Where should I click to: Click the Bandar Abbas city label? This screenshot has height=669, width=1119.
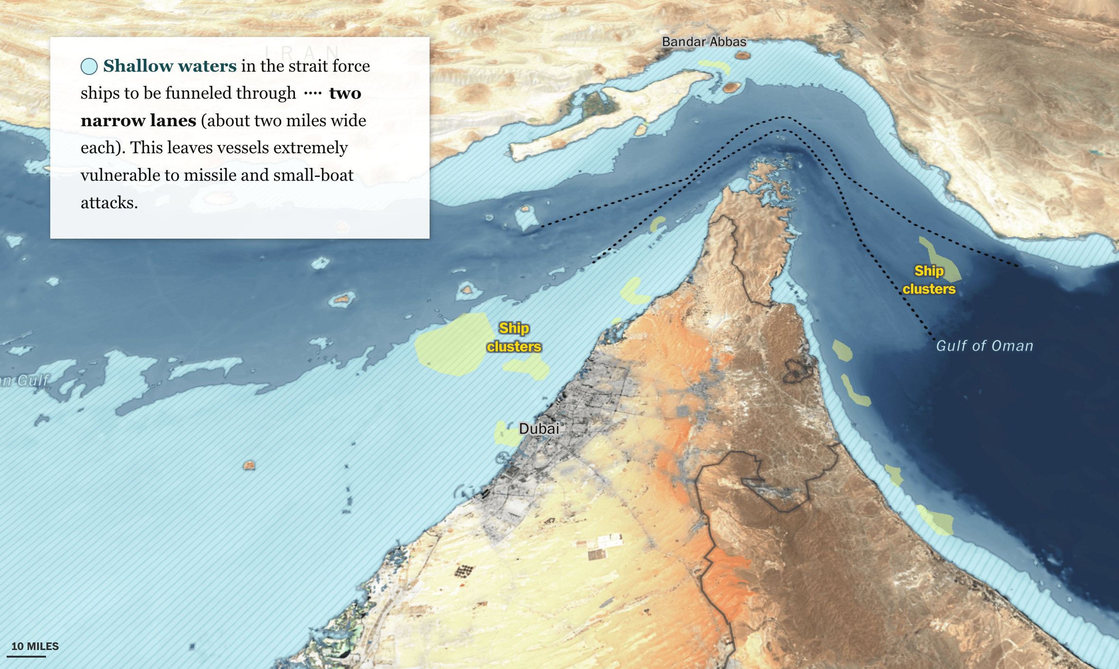704,42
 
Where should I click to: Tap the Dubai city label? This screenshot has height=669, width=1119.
539,428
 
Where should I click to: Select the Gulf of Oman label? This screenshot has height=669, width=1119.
984,346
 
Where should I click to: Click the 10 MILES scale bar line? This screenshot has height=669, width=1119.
27,657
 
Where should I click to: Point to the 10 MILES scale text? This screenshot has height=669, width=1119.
35,646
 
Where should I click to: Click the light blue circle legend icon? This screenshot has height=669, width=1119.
89,66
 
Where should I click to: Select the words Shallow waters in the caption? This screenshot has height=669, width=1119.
170,66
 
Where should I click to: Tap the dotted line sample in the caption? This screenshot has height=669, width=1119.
312,93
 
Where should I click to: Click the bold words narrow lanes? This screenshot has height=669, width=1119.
138,121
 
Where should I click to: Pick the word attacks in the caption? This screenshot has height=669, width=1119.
109,203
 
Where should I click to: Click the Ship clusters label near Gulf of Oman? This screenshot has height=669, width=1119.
929,280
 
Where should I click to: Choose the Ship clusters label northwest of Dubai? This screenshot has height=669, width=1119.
514,337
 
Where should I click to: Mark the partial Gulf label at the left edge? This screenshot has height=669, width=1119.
25,380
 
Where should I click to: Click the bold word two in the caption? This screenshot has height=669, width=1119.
345,93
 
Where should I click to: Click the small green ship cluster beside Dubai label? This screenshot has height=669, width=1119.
505,433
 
